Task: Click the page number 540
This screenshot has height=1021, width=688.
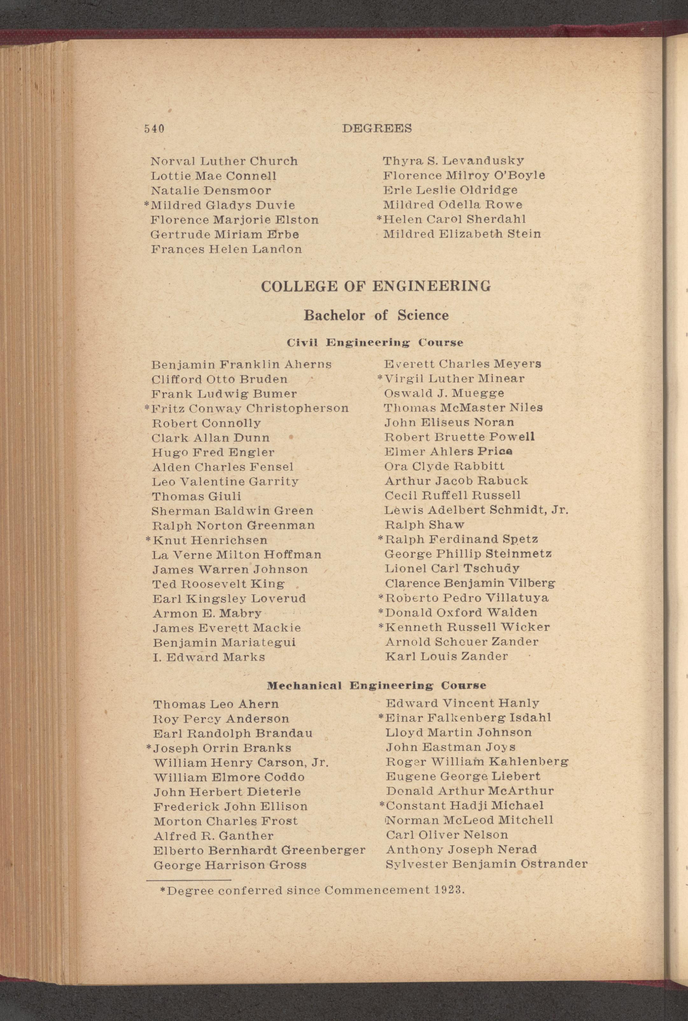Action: click(154, 129)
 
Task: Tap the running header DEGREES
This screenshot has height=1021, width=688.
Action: click(377, 128)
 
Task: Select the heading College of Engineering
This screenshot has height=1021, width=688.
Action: click(376, 287)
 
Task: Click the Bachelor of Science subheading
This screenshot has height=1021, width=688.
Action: click(376, 315)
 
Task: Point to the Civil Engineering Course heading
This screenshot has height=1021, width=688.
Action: click(375, 342)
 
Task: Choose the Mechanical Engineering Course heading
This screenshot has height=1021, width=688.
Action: click(376, 685)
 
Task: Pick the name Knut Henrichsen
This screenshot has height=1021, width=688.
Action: click(210, 540)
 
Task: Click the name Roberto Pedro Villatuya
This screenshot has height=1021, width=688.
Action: click(467, 598)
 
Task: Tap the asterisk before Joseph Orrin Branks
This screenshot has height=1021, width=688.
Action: click(149, 748)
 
